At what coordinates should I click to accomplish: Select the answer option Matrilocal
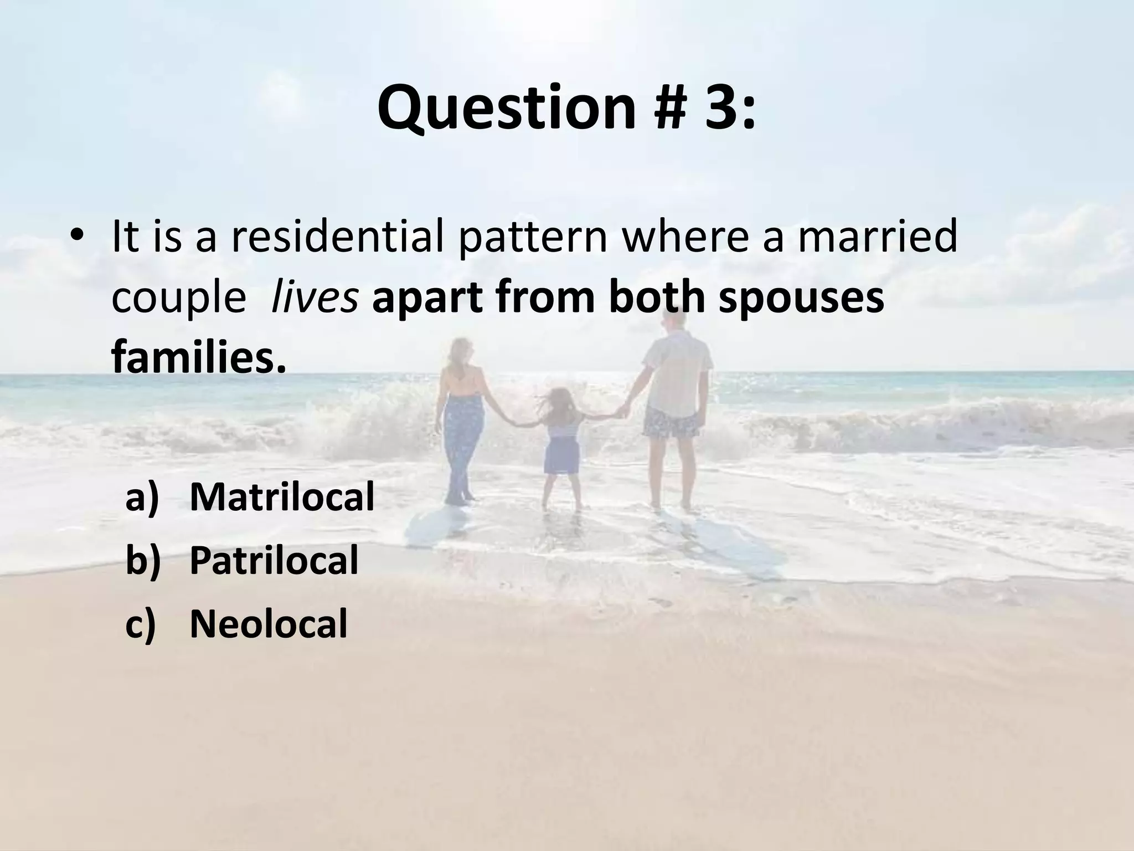pos(282,496)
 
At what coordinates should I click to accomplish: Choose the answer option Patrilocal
pos(274,560)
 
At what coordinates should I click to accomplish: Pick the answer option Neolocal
pos(268,624)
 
